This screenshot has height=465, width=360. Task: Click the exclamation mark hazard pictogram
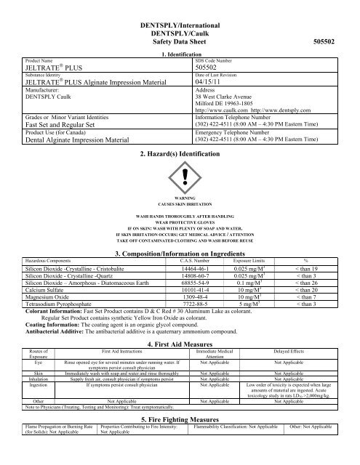(179, 175)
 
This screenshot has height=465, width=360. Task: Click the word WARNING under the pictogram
(179, 197)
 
